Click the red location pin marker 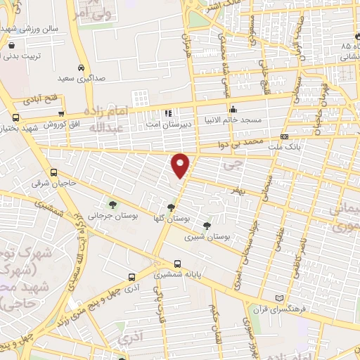181,165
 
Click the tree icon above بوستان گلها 171,207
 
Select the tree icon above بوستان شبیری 207,226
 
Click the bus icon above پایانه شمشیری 177,265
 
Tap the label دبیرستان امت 168,123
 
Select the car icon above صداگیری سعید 81,68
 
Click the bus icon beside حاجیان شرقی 54,173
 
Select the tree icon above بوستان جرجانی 112,205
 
